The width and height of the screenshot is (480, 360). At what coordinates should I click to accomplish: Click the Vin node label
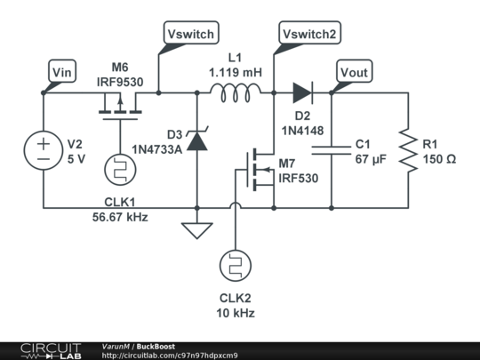click(62, 72)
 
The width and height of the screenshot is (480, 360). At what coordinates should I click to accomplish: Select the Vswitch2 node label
click(309, 33)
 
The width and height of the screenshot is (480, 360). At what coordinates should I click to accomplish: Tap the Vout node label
click(354, 72)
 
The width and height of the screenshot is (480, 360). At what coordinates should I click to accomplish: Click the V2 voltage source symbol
click(44, 150)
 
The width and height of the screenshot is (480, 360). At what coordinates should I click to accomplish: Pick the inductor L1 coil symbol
click(236, 92)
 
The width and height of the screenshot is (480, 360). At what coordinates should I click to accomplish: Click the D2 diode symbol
click(302, 92)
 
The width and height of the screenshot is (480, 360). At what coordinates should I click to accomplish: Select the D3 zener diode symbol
click(197, 140)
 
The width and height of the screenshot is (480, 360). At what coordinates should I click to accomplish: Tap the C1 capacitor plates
click(332, 150)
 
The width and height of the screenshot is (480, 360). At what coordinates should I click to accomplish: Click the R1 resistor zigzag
click(408, 150)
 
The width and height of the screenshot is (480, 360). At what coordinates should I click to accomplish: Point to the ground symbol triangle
click(197, 230)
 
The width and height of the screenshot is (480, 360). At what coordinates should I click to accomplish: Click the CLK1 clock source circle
click(120, 170)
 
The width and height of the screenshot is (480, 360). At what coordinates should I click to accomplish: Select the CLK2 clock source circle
click(236, 266)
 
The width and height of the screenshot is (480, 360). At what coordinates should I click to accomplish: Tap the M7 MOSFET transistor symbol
click(260, 170)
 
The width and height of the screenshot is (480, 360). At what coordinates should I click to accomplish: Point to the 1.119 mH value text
click(236, 73)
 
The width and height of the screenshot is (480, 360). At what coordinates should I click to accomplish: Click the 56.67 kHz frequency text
click(120, 217)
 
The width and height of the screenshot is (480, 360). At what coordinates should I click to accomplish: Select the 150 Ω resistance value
click(440, 159)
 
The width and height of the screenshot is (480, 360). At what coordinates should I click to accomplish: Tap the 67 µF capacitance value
click(371, 159)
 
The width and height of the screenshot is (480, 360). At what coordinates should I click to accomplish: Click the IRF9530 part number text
click(120, 82)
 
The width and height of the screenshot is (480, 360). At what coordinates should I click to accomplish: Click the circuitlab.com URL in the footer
click(170, 356)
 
